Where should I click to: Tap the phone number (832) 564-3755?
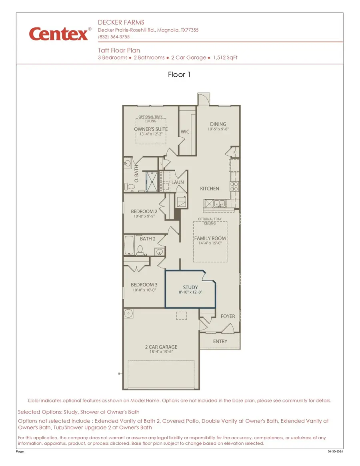(114, 37)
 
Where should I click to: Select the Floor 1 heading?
(179, 75)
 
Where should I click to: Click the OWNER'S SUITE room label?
(151, 129)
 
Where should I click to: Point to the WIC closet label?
(185, 132)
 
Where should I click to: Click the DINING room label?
(218, 124)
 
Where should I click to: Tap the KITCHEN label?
(210, 188)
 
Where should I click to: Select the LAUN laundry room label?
(178, 182)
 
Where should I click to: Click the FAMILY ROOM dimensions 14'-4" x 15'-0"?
(210, 243)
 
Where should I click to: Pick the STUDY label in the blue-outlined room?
(190, 287)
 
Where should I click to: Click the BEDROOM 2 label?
(144, 211)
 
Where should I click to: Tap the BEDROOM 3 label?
(144, 285)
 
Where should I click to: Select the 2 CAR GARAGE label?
(161, 347)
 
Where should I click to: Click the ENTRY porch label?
(220, 341)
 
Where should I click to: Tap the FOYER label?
(228, 316)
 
